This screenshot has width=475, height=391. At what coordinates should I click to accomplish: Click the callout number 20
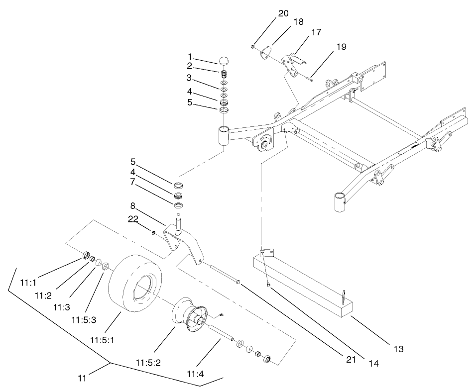(283, 13)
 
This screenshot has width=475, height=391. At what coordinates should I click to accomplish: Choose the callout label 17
(316, 32)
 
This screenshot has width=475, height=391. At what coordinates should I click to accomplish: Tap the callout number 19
(341, 47)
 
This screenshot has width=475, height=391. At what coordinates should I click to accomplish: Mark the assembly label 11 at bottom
(82, 379)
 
